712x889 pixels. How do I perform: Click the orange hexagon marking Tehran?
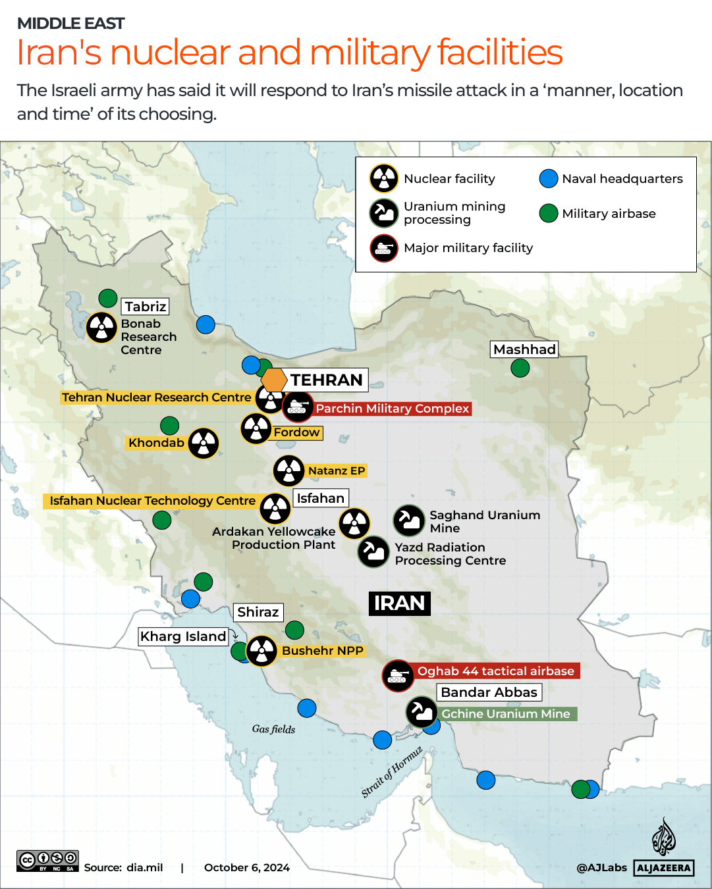pyautogui.click(x=273, y=380)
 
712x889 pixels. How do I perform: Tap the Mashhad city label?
pyautogui.click(x=524, y=349)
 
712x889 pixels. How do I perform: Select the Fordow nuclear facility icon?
pyautogui.click(x=256, y=429)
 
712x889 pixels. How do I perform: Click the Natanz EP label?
pyautogui.click(x=336, y=471)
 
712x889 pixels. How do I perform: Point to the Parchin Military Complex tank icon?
pyautogui.click(x=297, y=407)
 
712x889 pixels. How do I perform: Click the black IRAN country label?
pyautogui.click(x=399, y=603)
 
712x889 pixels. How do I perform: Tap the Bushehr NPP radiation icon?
pyautogui.click(x=261, y=651)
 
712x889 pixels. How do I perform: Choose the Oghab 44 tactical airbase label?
pyautogui.click(x=495, y=671)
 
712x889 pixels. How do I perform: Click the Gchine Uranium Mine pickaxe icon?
pyautogui.click(x=421, y=712)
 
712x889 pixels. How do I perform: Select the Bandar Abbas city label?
pyautogui.click(x=489, y=692)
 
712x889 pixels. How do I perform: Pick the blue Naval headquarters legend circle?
pyautogui.click(x=549, y=178)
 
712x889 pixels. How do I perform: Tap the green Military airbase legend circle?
pyautogui.click(x=549, y=213)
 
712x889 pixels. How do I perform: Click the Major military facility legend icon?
pyautogui.click(x=383, y=248)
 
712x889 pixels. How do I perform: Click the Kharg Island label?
pyautogui.click(x=183, y=636)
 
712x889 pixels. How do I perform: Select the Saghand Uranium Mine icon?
pyautogui.click(x=409, y=521)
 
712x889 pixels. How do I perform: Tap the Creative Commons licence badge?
pyautogui.click(x=47, y=860)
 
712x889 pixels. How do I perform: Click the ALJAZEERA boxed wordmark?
pyautogui.click(x=664, y=868)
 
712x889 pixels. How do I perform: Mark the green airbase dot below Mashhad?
pyautogui.click(x=520, y=368)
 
